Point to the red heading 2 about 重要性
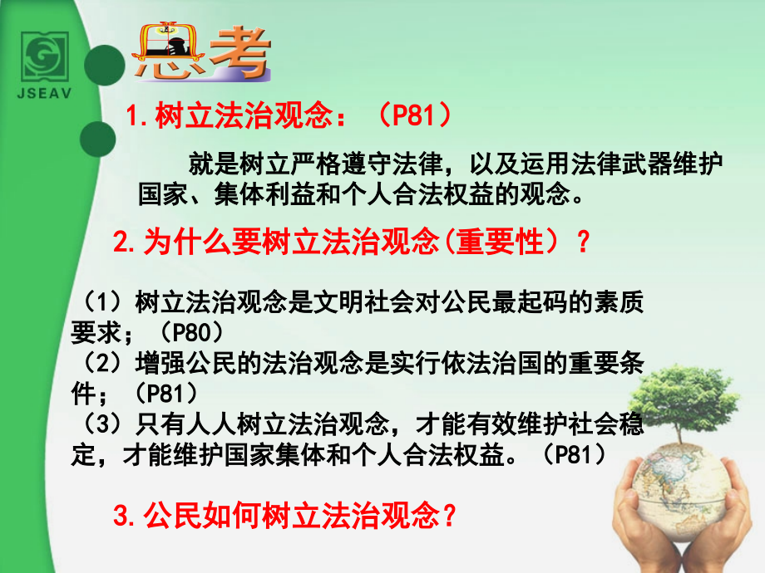coord(349,242)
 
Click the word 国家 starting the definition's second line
coord(157,195)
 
